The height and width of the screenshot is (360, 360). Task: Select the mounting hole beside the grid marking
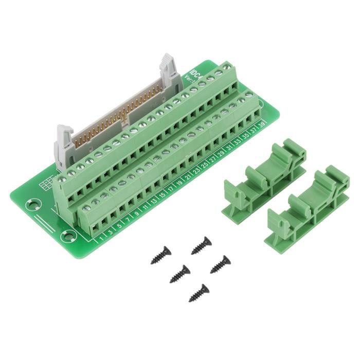tap(32, 205)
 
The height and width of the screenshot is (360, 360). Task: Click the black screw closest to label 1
tap(161, 255)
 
